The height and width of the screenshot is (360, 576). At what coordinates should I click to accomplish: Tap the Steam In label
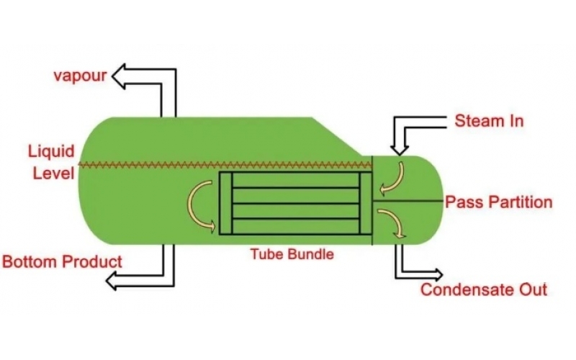(489, 120)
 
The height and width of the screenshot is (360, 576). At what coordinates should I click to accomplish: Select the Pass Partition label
(499, 202)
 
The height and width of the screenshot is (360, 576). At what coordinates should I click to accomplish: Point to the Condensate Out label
(484, 290)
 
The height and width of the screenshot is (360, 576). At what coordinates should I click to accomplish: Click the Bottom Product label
(63, 261)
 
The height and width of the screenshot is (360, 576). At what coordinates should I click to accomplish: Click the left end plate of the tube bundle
(225, 203)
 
